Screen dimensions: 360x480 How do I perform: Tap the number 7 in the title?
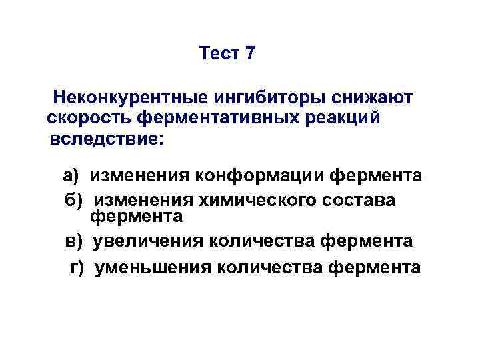pos(250,54)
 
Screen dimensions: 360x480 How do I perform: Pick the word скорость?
pos(89,119)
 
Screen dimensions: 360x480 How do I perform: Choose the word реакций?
pos(346,119)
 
